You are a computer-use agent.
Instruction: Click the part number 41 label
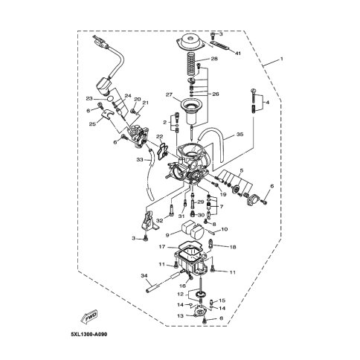tap(238, 54)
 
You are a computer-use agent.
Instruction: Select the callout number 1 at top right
tap(281, 59)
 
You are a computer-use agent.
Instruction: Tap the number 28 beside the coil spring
tap(214, 59)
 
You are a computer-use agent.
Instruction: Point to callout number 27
tap(169, 94)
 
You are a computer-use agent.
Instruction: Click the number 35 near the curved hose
tap(240, 135)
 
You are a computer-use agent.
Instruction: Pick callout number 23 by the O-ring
tap(89, 99)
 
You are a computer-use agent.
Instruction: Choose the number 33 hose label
tap(140, 160)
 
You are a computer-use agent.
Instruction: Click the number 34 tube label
tap(144, 275)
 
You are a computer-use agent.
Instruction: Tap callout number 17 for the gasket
tap(162, 247)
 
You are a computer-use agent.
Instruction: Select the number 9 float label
tap(167, 235)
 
